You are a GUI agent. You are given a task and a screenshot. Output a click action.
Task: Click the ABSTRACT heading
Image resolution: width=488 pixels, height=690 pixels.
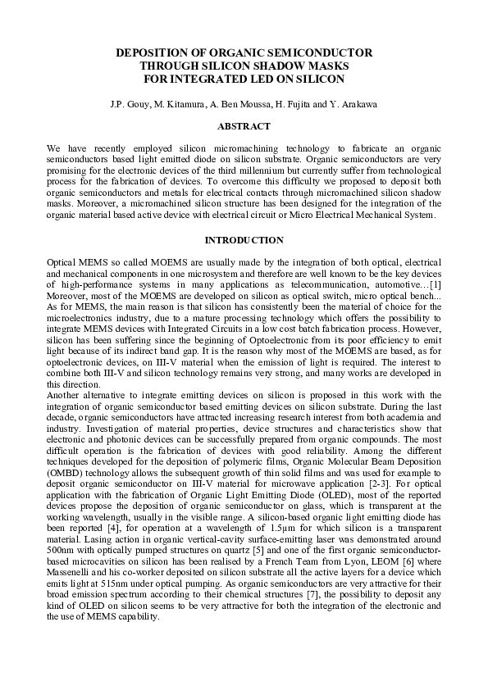[244, 126]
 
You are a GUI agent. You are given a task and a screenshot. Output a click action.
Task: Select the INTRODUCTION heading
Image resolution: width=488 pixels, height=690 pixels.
[244, 240]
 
